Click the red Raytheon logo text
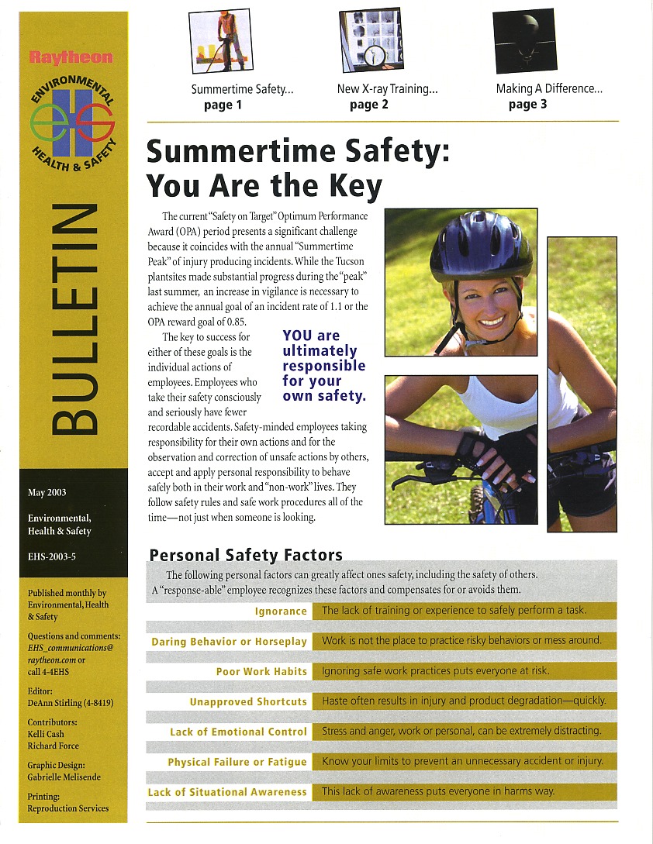tap(71, 57)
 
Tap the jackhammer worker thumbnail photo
tap(219, 40)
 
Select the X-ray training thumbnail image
tap(370, 40)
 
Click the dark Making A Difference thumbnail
tap(524, 40)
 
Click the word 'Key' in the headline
tap(351, 186)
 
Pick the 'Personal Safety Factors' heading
tap(245, 555)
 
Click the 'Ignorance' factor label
tap(281, 611)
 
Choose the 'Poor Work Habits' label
tap(261, 672)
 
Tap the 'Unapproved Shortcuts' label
tap(248, 702)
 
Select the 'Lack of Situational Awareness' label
tap(227, 792)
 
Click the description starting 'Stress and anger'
tap(461, 732)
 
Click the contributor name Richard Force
tap(53, 746)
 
